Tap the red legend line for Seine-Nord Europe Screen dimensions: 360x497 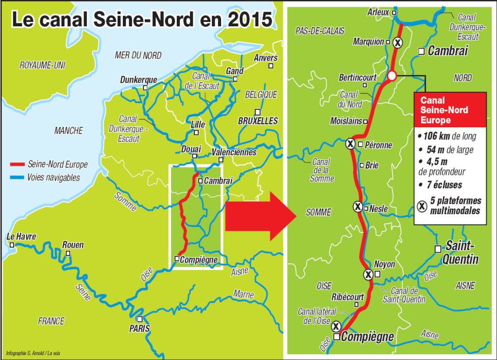(18, 164)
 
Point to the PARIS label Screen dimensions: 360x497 (139, 329)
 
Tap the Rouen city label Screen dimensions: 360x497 (73, 245)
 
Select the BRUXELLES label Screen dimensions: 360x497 (258, 121)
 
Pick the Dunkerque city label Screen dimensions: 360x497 (138, 80)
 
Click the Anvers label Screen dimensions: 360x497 (266, 58)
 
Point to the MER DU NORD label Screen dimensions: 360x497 (138, 55)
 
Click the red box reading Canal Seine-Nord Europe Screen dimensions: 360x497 (449, 110)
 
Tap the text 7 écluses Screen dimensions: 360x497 (443, 185)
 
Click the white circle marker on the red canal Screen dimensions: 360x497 (392, 75)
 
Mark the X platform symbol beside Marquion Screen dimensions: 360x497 (398, 43)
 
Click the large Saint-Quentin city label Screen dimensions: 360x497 (462, 253)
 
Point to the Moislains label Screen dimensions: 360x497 (346, 121)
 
